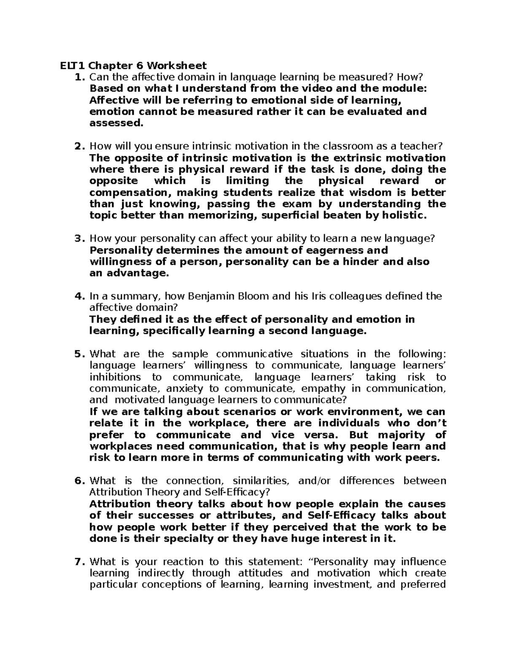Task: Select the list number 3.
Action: click(x=78, y=239)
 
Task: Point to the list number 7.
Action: click(x=78, y=562)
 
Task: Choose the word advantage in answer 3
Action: click(x=137, y=273)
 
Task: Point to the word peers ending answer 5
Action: click(x=424, y=458)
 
